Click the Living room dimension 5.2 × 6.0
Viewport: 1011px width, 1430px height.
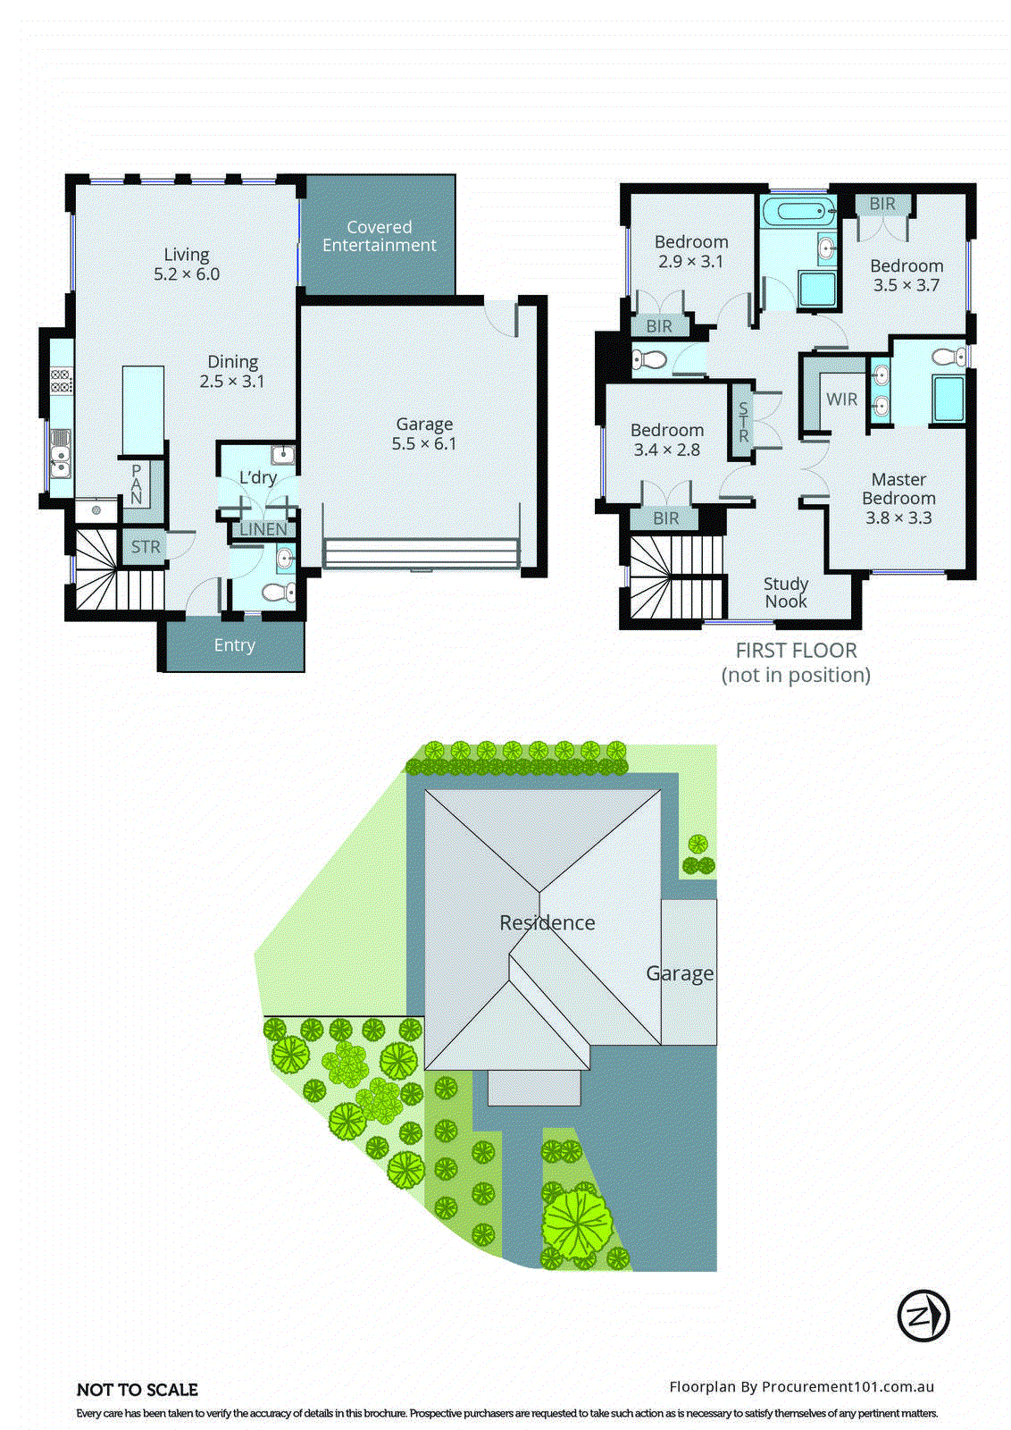pyautogui.click(x=187, y=274)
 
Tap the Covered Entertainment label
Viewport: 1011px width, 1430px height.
pyautogui.click(x=380, y=236)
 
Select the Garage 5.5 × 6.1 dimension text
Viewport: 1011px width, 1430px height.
pyautogui.click(x=424, y=444)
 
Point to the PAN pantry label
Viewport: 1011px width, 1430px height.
pyautogui.click(x=137, y=484)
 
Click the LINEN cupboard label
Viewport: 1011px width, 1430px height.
pyautogui.click(x=263, y=529)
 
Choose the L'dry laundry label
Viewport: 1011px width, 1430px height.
pyautogui.click(x=257, y=477)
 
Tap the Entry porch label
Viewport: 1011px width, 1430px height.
pyautogui.click(x=234, y=645)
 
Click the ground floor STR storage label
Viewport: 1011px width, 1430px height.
pyautogui.click(x=146, y=547)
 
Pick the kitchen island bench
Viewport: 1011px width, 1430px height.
pyautogui.click(x=143, y=410)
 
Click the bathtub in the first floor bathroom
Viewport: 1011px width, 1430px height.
pyautogui.click(x=798, y=213)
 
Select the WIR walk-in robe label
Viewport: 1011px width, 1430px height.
pyautogui.click(x=841, y=400)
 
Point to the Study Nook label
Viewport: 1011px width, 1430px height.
pyautogui.click(x=786, y=593)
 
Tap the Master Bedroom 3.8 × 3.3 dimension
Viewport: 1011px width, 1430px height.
pyautogui.click(x=898, y=517)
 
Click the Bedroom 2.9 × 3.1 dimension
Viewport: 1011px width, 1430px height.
pyautogui.click(x=691, y=262)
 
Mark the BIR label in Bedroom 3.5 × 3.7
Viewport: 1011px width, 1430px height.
pyautogui.click(x=882, y=204)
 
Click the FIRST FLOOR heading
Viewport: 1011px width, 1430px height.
pyautogui.click(x=796, y=651)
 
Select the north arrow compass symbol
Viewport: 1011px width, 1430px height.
pyautogui.click(x=923, y=1316)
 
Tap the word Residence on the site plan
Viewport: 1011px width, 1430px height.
pyautogui.click(x=547, y=922)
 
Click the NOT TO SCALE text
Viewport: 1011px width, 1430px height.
pyautogui.click(x=138, y=1390)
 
